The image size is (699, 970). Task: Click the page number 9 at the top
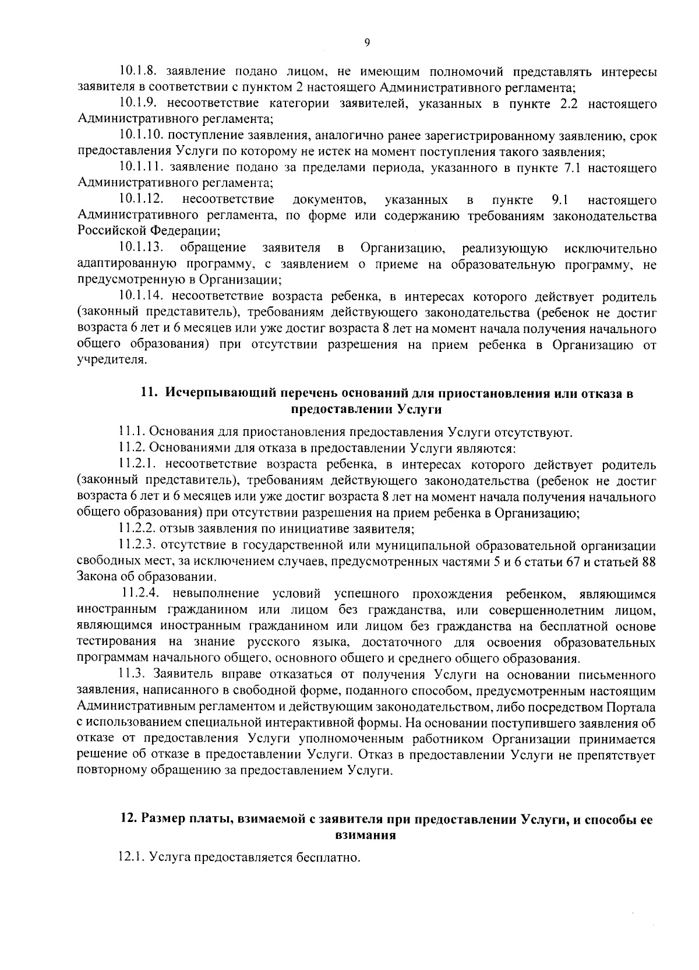click(366, 41)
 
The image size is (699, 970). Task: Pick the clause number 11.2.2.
click(136, 529)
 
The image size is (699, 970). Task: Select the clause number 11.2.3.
click(136, 546)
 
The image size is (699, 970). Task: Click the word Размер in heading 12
click(160, 819)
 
